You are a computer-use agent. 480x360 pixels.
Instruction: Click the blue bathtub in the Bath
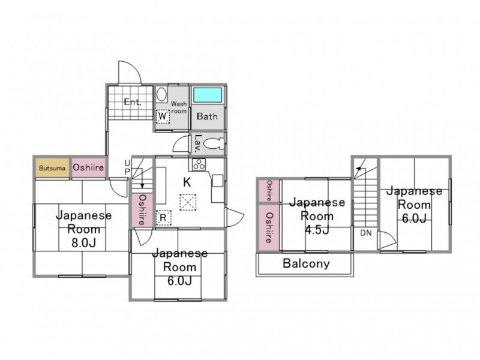[x=208, y=95]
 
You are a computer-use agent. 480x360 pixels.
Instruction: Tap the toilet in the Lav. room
[x=214, y=143]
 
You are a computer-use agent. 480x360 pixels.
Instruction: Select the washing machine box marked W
[x=163, y=116]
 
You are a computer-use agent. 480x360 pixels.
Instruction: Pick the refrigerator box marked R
[x=163, y=218]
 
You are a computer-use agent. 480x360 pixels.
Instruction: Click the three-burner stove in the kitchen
[x=199, y=164]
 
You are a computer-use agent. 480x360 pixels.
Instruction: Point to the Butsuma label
[x=52, y=168]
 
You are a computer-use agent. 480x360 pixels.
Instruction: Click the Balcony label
[x=306, y=263]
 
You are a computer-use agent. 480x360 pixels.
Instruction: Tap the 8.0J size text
[x=83, y=243]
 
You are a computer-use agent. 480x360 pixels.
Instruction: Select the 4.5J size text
[x=317, y=230]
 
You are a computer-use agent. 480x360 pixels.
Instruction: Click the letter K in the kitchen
[x=187, y=182]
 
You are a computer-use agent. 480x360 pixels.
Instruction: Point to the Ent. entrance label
[x=133, y=102]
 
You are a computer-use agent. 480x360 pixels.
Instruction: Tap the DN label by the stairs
[x=366, y=233]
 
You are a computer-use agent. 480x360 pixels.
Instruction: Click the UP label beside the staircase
[x=127, y=167]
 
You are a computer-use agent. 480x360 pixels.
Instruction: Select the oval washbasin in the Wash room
[x=161, y=95]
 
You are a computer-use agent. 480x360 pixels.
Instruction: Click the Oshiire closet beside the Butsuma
[x=88, y=167]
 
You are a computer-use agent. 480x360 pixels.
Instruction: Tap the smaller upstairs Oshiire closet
[x=269, y=191]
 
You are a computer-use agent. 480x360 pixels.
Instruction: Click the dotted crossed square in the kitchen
[x=188, y=202]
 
